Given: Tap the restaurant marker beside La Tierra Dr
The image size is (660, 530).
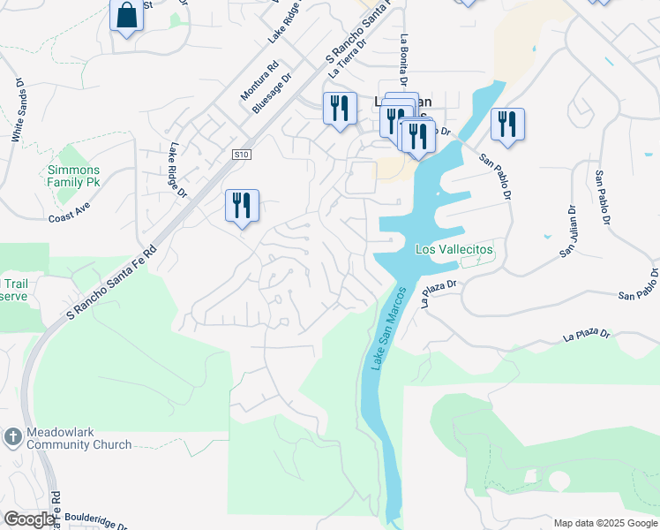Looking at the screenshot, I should (x=340, y=110).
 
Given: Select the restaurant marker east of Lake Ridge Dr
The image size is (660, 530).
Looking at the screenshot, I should (x=242, y=207).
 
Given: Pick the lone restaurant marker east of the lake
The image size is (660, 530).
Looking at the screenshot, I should (x=507, y=125).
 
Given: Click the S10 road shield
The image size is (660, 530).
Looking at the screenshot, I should (x=242, y=155).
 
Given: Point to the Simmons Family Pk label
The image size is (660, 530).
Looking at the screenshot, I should (x=73, y=176).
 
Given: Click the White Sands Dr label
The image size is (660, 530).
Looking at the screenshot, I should (x=17, y=110).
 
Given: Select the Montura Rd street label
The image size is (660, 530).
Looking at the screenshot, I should (x=259, y=80).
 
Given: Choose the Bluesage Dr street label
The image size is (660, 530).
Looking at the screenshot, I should (x=272, y=93).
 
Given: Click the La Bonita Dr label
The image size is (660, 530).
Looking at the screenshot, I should (x=404, y=60).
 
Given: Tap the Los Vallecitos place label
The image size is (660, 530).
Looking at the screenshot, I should (x=454, y=250).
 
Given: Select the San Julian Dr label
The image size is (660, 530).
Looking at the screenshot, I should (x=567, y=231).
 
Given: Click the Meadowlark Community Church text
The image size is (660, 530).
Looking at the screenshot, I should (x=79, y=439).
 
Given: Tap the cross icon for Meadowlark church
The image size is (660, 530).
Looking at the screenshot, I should (x=12, y=437).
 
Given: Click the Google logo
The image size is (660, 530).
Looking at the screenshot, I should (x=28, y=519).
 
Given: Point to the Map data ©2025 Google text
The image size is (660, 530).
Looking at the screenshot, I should (x=604, y=523).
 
